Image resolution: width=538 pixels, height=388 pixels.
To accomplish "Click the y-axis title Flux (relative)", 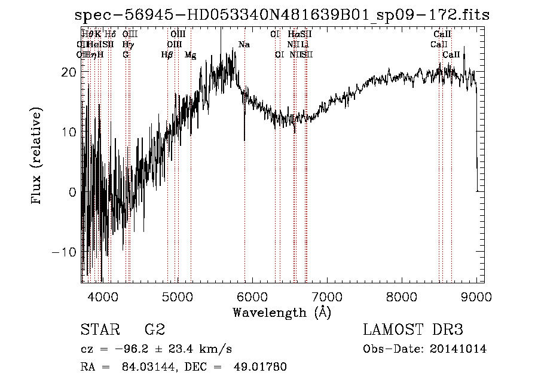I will [37, 157].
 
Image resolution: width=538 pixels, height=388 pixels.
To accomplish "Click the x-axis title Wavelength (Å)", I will [282, 312].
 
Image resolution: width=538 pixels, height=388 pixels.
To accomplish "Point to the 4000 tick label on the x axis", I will [102, 296].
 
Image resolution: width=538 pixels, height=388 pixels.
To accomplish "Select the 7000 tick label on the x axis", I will [327, 296].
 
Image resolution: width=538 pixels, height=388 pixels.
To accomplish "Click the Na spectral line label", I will [244, 44].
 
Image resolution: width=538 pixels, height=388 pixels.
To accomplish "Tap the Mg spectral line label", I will [191, 54].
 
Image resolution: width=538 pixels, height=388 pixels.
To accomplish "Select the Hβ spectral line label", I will [167, 54].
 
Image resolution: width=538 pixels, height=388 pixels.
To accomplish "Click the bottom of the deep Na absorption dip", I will [244, 139].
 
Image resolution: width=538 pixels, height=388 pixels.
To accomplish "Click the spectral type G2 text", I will [154, 330].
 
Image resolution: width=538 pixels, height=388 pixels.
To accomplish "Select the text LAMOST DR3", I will [413, 330].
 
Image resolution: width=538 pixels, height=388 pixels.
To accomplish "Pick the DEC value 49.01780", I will [261, 366].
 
